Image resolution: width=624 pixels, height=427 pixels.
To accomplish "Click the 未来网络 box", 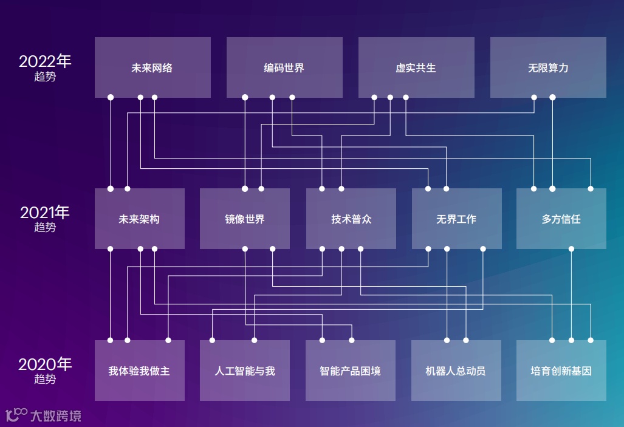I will coord(153,67).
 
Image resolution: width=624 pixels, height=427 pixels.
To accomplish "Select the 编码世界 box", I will coord(284,67).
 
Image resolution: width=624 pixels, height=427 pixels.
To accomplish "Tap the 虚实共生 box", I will coord(416,67).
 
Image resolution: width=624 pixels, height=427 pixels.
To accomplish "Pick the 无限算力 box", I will coord(548,67).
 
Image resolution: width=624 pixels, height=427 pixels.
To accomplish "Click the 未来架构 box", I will coord(139,219).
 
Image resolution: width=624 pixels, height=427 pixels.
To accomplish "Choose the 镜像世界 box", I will coord(245,219).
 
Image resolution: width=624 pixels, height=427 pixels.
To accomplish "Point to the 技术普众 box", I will coord(351,219).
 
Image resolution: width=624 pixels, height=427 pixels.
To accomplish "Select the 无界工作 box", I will coord(456,219).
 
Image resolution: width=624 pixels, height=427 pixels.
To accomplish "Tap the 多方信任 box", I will coord(561,219).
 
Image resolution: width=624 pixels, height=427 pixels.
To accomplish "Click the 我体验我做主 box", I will coord(139,371).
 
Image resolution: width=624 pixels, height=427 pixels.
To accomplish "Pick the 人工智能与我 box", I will coord(245,371).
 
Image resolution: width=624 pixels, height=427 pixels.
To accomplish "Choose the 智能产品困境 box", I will coord(351,371).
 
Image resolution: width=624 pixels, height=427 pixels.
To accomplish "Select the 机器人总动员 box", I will coord(456,371).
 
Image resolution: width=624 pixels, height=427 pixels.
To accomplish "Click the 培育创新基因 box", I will coord(561,371).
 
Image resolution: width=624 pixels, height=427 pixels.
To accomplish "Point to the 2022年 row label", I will coord(45,61).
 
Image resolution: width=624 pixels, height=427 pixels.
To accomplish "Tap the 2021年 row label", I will coord(45,213).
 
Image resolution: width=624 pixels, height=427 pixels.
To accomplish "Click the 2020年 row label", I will coord(45,364).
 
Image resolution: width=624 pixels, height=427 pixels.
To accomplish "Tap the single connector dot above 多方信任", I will coord(571,248).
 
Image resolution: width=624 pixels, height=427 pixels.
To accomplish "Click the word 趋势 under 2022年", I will coord(45,77).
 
